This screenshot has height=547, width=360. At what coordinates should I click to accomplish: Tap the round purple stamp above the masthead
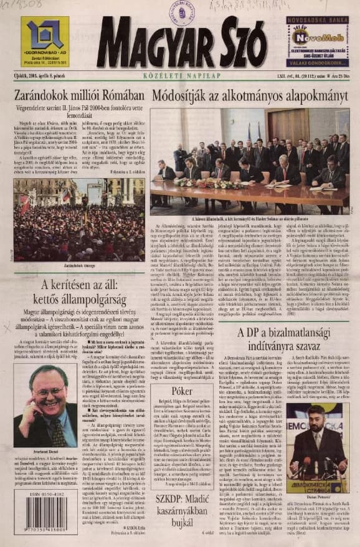pyautogui.click(x=182, y=12)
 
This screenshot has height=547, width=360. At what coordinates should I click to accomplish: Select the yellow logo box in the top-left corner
pyautogui.click(x=44, y=41)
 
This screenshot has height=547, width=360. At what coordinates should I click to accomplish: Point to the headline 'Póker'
pyautogui.click(x=181, y=390)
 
